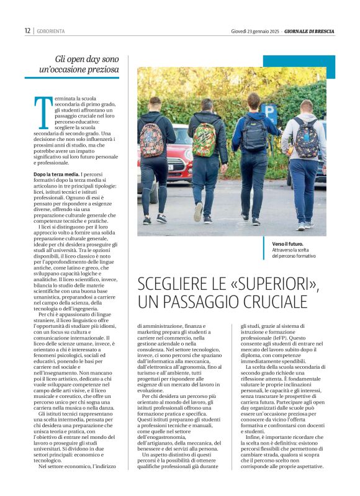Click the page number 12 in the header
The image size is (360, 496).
pyautogui.click(x=27, y=30)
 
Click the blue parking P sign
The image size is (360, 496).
pyautogui.click(x=269, y=113)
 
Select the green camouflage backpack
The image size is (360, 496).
pyautogui.click(x=205, y=140)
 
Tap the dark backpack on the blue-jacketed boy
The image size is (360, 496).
pyautogui.click(x=254, y=135)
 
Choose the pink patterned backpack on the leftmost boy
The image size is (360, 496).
pyautogui.click(x=152, y=138)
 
